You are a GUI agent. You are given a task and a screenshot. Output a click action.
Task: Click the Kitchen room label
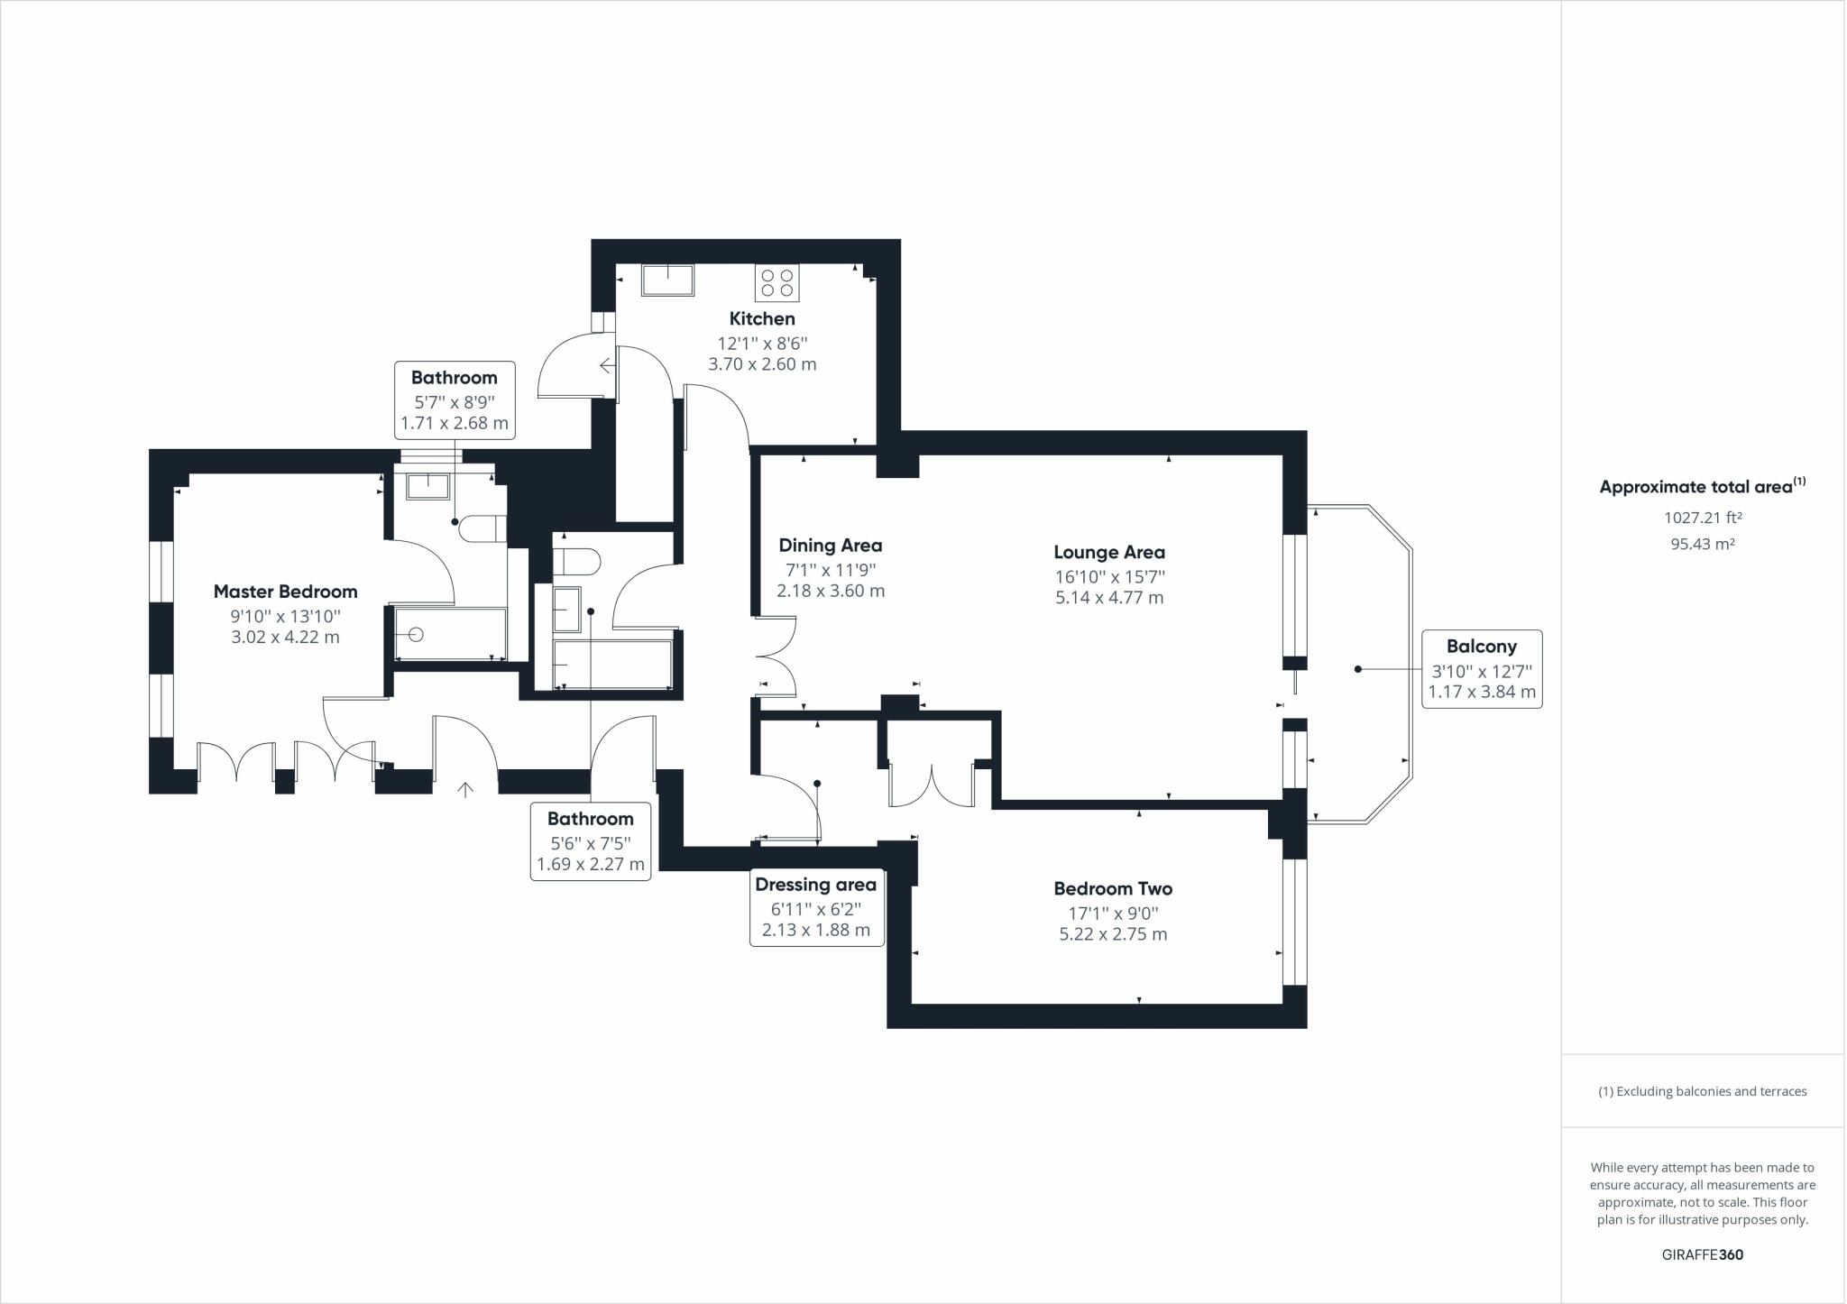[762, 318]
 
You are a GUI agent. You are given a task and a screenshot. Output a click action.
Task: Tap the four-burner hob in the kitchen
[776, 283]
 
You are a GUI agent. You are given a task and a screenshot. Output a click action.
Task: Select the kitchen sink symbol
[667, 280]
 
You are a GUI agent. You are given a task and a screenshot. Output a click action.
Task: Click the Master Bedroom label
[285, 592]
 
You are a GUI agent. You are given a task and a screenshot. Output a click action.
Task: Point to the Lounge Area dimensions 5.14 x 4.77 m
[1109, 598]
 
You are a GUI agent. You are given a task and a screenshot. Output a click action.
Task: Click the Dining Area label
[830, 546]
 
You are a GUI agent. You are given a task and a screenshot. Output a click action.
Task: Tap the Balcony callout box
[1481, 669]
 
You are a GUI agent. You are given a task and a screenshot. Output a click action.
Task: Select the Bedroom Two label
[1113, 888]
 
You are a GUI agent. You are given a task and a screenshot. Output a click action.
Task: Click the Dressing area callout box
[816, 907]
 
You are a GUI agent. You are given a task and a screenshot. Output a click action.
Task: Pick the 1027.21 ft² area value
[1702, 518]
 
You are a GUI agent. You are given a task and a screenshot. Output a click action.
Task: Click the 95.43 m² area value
[1702, 544]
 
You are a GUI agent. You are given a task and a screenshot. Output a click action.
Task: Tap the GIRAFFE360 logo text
[1702, 1254]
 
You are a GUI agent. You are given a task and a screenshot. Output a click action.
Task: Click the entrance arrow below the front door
[465, 791]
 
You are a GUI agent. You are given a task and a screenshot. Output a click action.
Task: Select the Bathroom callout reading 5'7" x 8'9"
[455, 400]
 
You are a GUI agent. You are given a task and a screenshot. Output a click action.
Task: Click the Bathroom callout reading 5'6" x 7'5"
[591, 840]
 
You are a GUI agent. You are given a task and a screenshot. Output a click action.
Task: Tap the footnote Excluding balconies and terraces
[1702, 1091]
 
